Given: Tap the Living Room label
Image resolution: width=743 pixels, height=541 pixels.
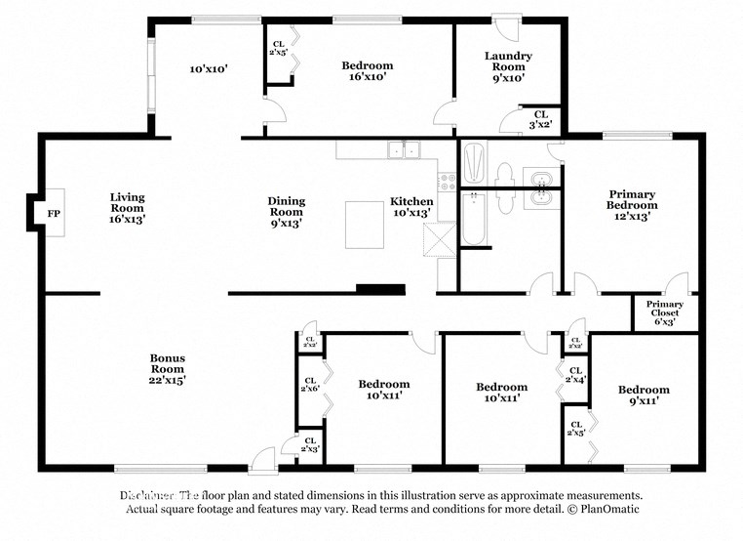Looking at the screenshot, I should (x=127, y=208).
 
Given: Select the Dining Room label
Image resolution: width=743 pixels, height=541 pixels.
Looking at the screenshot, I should (x=286, y=212).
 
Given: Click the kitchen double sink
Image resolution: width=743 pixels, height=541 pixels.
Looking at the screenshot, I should (x=403, y=150).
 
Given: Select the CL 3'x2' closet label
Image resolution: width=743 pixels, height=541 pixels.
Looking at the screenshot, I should (x=538, y=119).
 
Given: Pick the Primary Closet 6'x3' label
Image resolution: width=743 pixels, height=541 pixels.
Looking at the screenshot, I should (x=665, y=311).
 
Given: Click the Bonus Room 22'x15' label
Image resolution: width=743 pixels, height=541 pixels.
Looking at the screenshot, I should (x=167, y=369).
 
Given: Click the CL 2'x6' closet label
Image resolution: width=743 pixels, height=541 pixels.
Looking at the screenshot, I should (x=310, y=387).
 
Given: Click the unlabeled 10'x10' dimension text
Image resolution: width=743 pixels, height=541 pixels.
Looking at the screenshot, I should (x=208, y=69).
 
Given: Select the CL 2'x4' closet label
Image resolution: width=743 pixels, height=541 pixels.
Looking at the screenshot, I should (x=575, y=377).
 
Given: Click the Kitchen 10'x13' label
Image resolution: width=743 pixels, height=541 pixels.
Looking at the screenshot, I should (x=411, y=207).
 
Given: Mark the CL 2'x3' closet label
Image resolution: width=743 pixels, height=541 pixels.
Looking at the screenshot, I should (x=310, y=444).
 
